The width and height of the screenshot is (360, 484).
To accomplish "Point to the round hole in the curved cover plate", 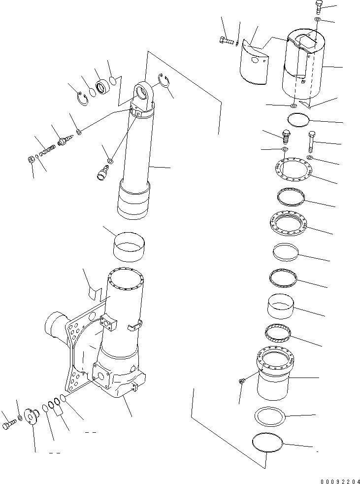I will (255, 61).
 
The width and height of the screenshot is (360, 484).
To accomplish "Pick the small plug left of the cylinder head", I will (241, 381).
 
